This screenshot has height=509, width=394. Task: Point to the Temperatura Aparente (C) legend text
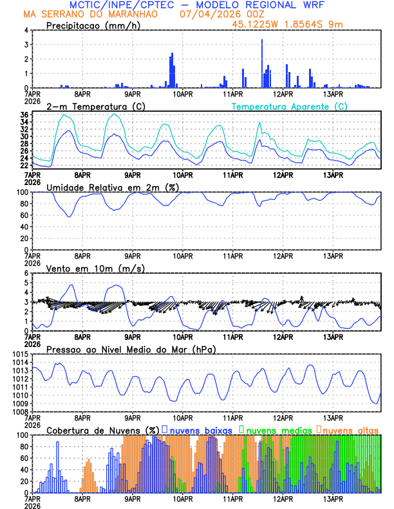tap(290, 106)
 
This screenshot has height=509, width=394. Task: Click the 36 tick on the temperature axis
tap(24, 114)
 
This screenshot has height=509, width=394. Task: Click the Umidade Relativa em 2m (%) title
tap(111, 187)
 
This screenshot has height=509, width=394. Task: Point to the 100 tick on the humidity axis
tap(21, 192)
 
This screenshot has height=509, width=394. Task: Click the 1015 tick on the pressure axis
tap(18, 354)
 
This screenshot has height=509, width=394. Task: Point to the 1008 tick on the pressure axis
tap(18, 411)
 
